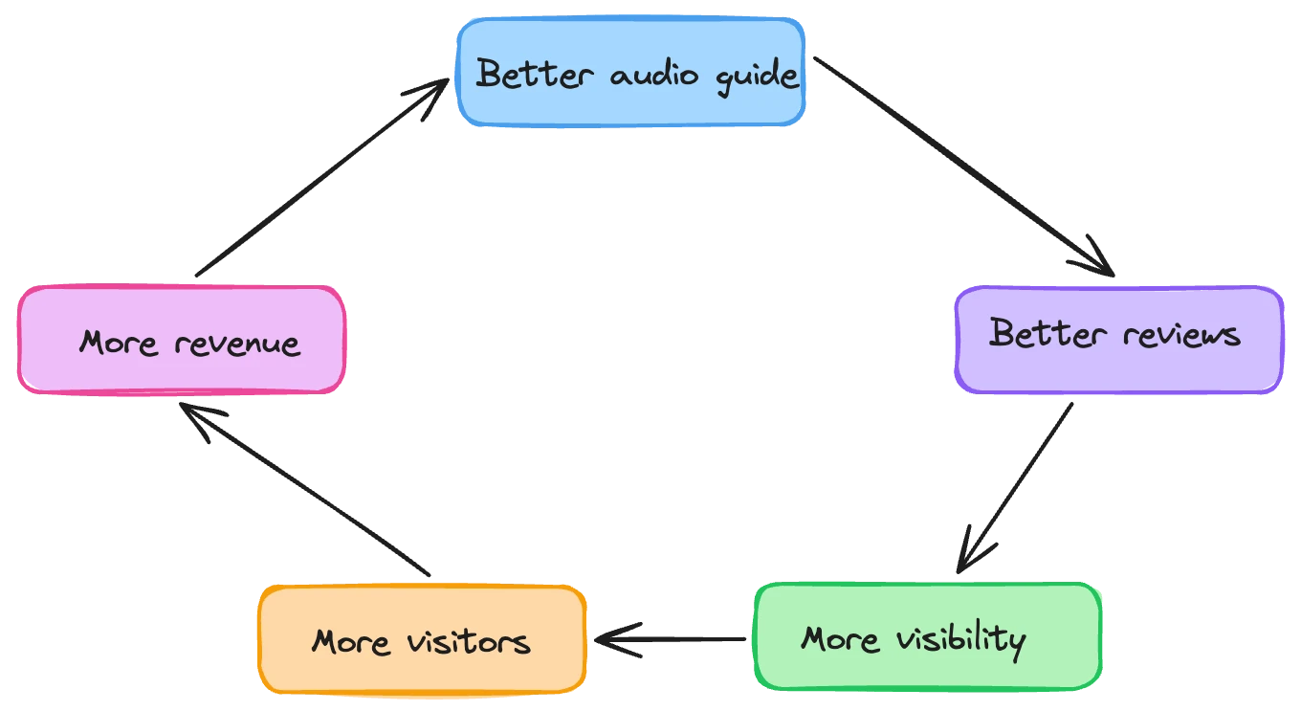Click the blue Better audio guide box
631,72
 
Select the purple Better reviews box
1117,340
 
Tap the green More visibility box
927,636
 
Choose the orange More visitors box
421,639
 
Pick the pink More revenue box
181,340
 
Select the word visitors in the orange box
468,640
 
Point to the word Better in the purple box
1047,334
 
